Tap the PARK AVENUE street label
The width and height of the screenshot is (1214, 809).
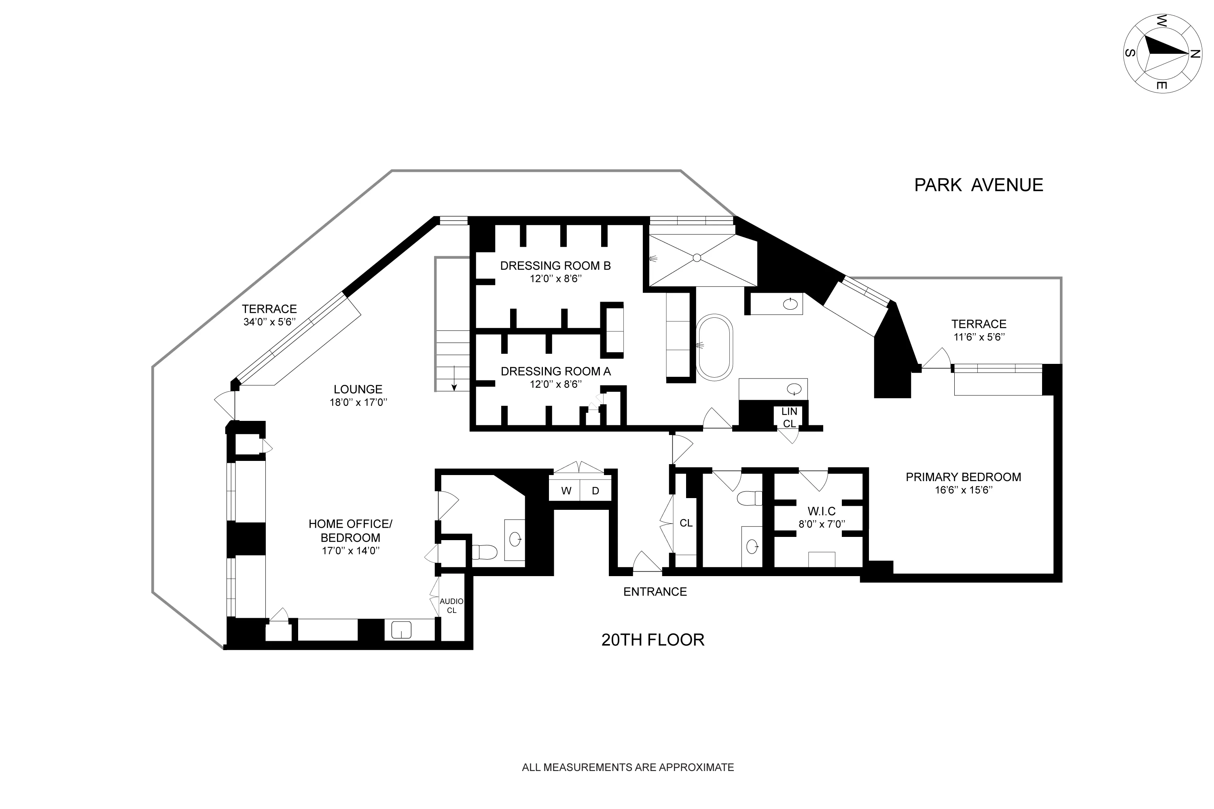pos(978,185)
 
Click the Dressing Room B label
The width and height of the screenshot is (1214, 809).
pos(555,266)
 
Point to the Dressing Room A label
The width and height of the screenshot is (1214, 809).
pos(555,372)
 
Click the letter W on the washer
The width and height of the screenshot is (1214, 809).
pos(566,491)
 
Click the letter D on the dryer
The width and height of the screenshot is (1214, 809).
pos(595,491)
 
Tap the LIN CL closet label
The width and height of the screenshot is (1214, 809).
pos(789,417)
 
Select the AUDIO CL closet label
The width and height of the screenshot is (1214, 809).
pos(451,606)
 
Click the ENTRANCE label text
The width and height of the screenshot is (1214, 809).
pos(655,592)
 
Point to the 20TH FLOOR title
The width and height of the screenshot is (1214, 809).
pos(653,640)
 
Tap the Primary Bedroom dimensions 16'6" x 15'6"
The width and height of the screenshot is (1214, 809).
pos(963,490)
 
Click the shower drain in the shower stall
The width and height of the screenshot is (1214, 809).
pos(697,258)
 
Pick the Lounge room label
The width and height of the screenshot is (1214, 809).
pos(358,389)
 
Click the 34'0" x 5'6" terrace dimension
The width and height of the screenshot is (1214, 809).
pos(269,322)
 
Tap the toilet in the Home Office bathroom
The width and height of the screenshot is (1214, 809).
pos(484,552)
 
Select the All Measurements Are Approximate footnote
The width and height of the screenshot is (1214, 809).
pos(628,767)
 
